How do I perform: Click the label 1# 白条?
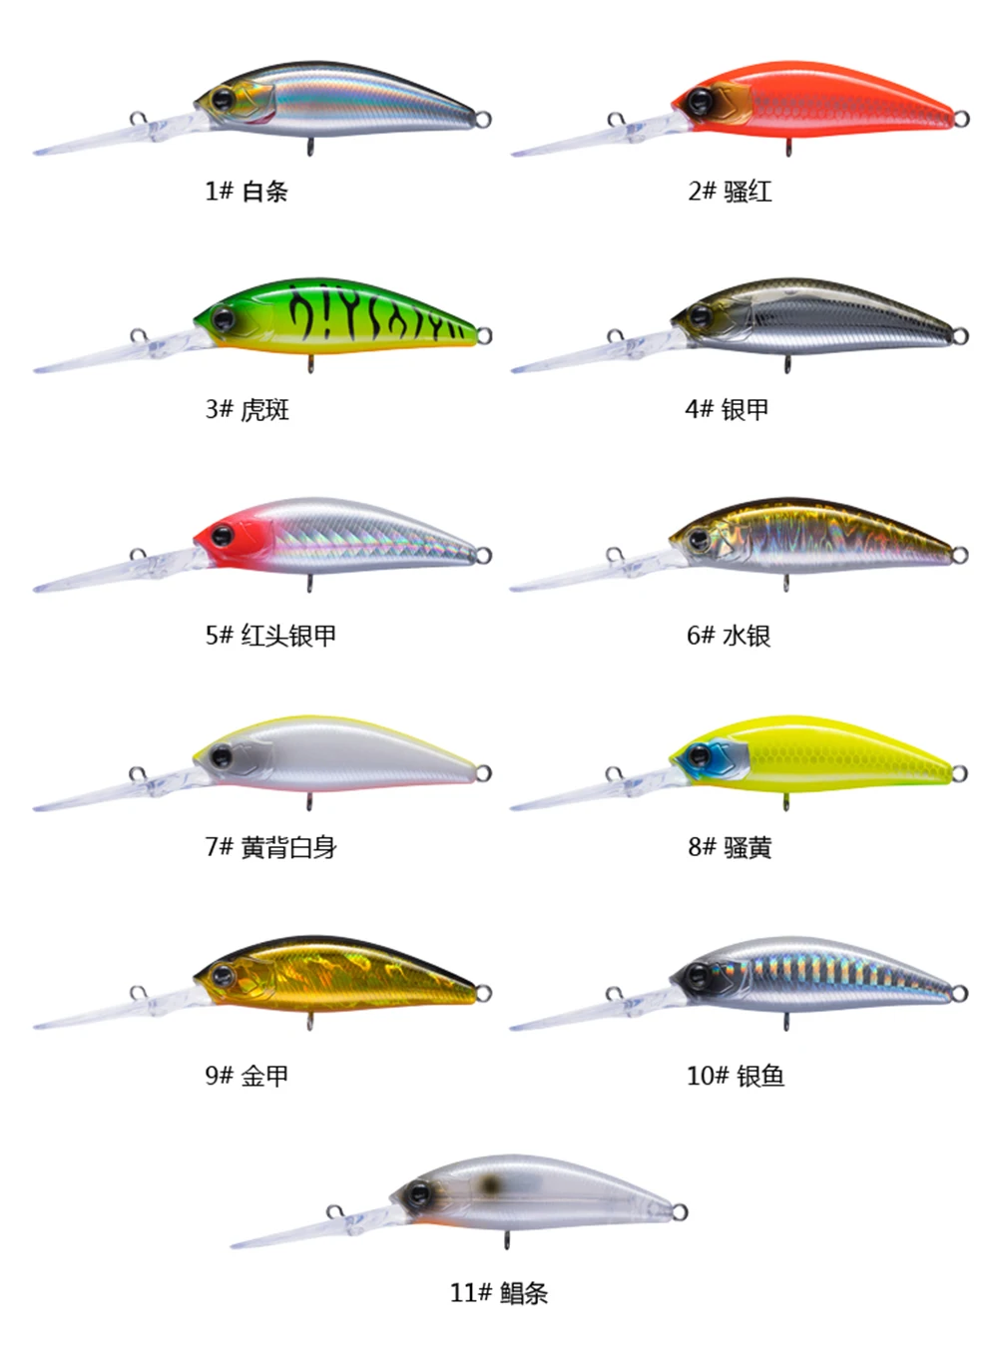pos(247,192)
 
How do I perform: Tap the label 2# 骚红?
pos(730,192)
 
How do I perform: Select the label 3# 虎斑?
pos(247,409)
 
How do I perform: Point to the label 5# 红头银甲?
pos(270,635)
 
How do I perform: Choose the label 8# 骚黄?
pos(730,848)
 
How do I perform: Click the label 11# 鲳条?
pos(499,1293)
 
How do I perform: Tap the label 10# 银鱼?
pos(736,1076)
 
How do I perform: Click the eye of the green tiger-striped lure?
pos(222,318)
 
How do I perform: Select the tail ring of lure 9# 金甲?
pos(483,993)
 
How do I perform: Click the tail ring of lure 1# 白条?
pos(483,121)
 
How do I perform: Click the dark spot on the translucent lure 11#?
pos(489,1184)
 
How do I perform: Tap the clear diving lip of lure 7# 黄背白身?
pos(100,793)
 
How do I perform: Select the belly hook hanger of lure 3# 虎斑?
pos(310,364)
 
